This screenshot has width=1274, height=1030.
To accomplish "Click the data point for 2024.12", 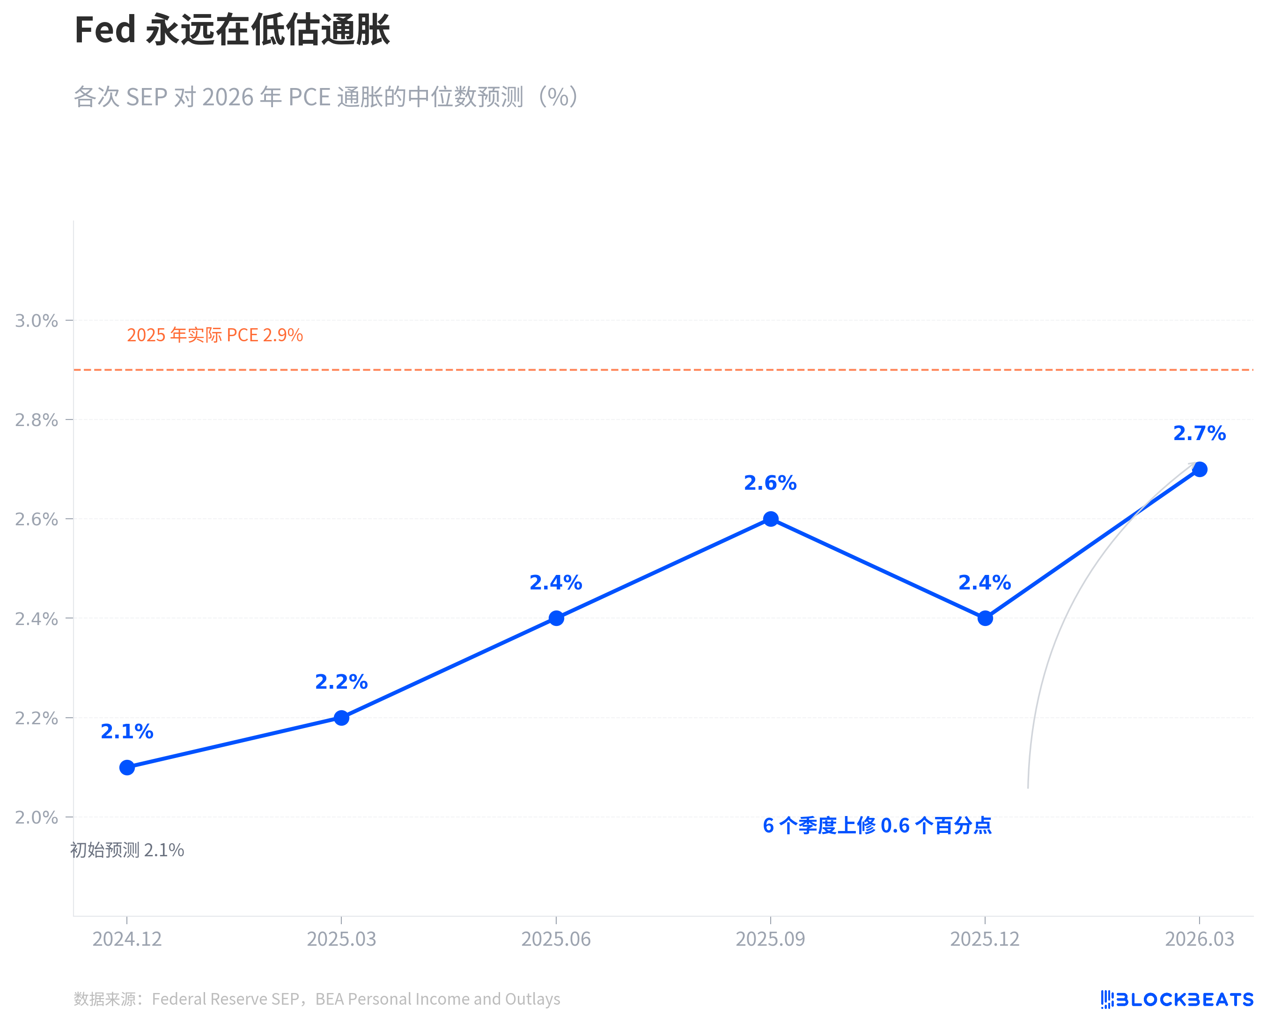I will (x=127, y=767).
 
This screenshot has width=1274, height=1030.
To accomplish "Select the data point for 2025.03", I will (x=341, y=718).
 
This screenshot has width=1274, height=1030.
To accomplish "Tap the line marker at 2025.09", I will (x=770, y=519).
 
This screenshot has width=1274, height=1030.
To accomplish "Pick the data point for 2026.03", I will (x=1199, y=469).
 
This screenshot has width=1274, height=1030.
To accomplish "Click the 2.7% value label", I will (x=1199, y=434).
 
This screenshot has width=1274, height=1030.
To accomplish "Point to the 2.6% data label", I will (x=770, y=484).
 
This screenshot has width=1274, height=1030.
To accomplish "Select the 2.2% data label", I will (x=341, y=682).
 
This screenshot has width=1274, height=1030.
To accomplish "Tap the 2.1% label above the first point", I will (x=127, y=732).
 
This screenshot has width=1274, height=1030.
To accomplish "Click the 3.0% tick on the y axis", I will (x=36, y=321).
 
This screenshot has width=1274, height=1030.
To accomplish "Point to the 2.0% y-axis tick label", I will (x=36, y=817).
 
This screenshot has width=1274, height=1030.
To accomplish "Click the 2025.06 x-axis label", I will (x=556, y=939).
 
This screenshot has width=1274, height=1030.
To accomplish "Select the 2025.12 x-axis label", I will (x=985, y=939).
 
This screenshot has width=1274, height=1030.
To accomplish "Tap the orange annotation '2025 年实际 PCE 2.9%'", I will (x=215, y=335).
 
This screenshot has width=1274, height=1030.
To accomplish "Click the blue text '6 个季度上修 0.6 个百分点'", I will (x=877, y=825).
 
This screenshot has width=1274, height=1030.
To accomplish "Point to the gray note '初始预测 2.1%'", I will (x=127, y=850).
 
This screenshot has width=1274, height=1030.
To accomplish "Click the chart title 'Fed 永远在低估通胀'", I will (x=232, y=29).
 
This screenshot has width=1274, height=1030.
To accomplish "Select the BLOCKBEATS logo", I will (x=1177, y=999).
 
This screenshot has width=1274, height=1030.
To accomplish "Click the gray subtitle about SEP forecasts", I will (x=326, y=97).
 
